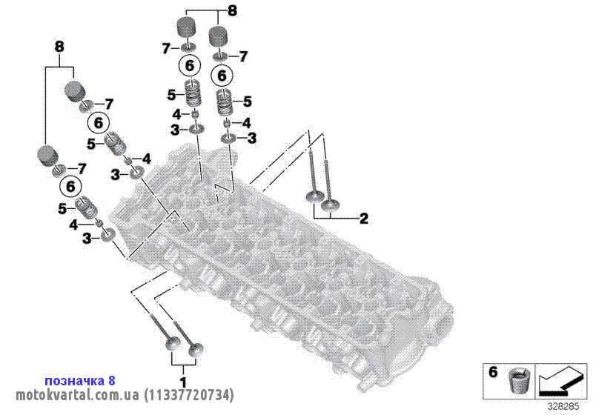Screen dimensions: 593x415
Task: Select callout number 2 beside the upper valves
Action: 363,219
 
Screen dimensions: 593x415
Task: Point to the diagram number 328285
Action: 563,407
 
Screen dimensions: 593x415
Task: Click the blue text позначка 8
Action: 80,381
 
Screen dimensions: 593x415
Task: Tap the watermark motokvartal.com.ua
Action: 78,395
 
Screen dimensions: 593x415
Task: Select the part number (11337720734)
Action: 189,395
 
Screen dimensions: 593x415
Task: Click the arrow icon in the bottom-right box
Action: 560,382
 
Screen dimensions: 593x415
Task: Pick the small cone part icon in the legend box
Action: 517,381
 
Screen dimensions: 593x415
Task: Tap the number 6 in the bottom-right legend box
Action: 493,372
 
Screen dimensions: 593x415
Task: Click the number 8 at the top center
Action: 232,10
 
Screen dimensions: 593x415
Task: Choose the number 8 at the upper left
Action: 59,47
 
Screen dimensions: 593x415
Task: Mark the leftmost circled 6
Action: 70,187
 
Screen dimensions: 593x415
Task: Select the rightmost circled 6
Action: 222,76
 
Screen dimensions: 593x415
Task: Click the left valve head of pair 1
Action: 173,344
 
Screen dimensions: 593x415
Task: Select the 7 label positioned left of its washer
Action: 165,48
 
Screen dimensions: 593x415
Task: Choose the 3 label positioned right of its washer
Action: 251,139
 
